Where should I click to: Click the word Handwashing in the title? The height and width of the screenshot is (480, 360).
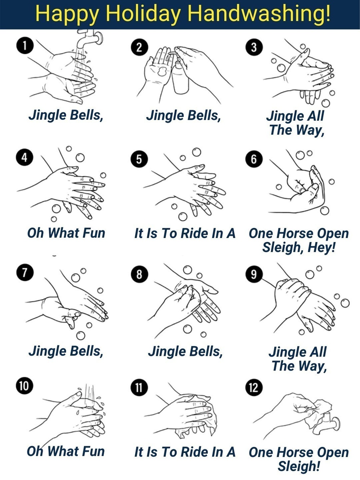[259, 14]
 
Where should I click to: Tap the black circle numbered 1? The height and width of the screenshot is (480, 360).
[25, 46]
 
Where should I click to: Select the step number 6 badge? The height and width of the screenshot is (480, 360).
[254, 159]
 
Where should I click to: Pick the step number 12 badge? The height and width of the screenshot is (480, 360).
[254, 387]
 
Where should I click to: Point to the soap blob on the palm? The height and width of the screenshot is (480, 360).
[162, 71]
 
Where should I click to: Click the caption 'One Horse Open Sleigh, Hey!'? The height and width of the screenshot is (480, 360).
[298, 240]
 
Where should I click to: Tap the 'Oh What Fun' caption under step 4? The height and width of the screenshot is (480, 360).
[66, 233]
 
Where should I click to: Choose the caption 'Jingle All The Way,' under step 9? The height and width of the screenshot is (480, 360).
[298, 359]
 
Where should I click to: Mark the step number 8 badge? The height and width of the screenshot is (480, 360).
[139, 275]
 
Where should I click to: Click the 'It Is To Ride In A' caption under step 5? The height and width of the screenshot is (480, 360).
[185, 233]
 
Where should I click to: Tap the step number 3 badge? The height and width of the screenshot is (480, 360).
[254, 47]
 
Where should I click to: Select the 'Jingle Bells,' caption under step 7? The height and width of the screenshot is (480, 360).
[66, 351]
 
